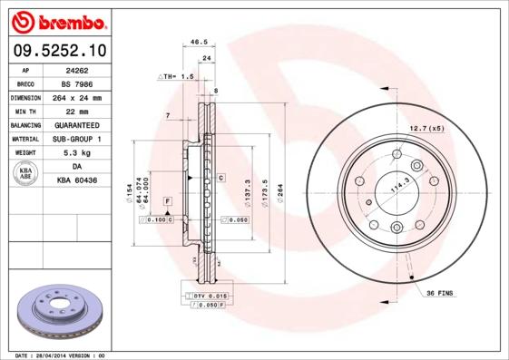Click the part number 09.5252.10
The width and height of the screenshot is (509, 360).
tap(58, 49)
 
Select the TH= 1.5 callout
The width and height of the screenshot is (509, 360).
tap(177, 77)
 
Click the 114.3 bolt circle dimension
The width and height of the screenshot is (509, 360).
tap(397, 188)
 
